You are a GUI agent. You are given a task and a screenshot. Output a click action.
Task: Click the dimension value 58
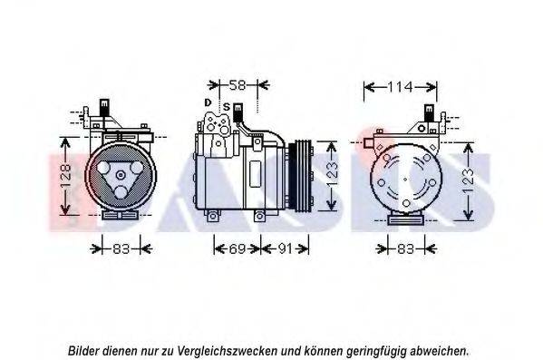click(x=238, y=85)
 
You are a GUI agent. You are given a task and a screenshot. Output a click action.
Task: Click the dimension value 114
click(x=400, y=87)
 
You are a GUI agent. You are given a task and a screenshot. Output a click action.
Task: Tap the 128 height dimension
click(x=66, y=176)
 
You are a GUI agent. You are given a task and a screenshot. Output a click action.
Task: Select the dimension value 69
click(x=238, y=248)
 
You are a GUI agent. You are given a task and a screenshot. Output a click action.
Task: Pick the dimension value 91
click(x=286, y=248)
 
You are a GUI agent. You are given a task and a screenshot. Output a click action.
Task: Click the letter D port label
click(x=208, y=102)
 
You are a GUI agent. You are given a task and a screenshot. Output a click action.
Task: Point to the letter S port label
click(x=227, y=107)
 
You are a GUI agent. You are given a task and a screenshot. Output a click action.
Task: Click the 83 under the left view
click(x=121, y=248)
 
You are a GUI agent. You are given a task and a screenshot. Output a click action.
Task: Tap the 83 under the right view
click(x=405, y=248)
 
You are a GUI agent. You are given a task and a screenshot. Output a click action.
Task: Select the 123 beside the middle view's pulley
click(x=332, y=175)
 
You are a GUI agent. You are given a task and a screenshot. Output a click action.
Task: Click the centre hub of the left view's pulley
click(x=121, y=175)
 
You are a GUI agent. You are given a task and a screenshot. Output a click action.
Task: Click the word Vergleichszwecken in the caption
click(x=228, y=351)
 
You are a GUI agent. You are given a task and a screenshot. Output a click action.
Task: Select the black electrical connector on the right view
click(x=429, y=112)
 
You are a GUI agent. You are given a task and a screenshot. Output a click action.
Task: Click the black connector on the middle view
click(x=238, y=112)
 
